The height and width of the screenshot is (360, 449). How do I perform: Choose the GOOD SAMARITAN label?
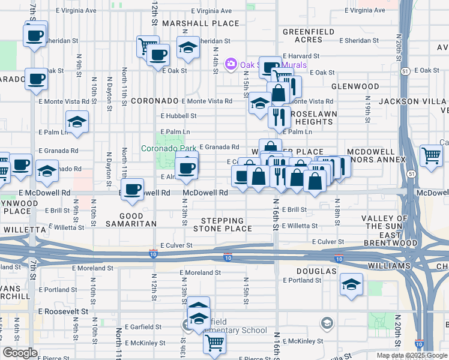131,220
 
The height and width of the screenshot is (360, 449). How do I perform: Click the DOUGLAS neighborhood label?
316,271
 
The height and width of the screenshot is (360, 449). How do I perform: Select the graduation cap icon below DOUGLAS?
351,284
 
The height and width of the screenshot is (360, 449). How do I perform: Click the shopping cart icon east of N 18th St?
431,155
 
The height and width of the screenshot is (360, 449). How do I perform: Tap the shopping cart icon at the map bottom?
214,342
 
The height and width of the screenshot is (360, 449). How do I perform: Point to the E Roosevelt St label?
63,311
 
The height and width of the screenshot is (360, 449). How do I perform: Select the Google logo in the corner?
19,353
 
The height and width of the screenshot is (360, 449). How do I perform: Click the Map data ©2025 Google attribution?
411,355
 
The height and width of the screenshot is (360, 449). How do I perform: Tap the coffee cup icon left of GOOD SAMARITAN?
132,189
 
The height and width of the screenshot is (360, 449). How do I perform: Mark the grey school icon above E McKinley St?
327,324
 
